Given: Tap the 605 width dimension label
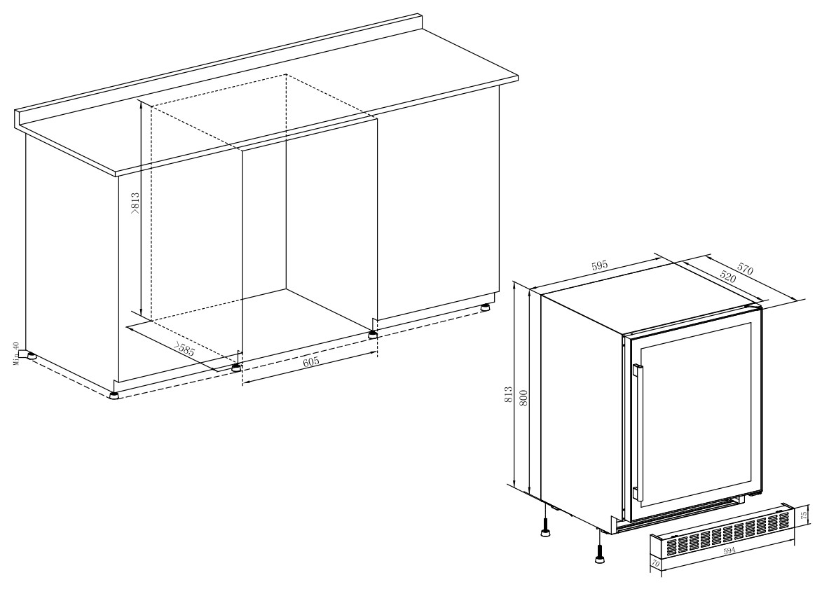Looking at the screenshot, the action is (311, 362).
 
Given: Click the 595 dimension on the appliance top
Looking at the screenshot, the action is (600, 265).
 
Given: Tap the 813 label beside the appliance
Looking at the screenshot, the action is (508, 395).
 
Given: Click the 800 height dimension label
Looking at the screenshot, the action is (523, 397).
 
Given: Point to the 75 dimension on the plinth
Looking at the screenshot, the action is (804, 514).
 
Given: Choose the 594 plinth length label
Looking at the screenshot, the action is (729, 551).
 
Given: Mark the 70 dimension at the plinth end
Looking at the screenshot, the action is (656, 564).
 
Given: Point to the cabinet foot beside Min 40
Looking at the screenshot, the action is (32, 356).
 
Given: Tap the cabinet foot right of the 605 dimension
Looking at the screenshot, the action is (373, 334).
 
